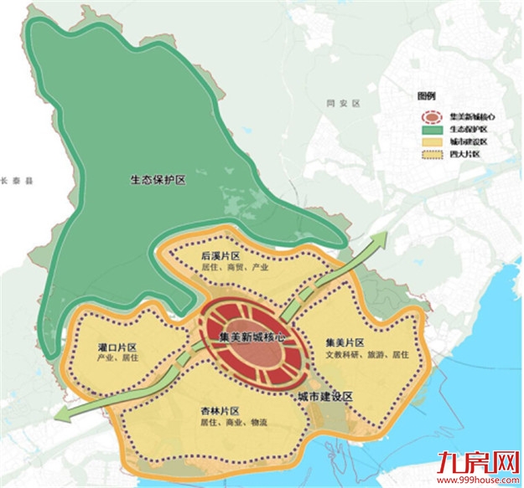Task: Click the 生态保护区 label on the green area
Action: click(158, 178)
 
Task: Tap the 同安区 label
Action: click(343, 103)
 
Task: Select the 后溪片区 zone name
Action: click(221, 254)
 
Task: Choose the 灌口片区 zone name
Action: click(117, 347)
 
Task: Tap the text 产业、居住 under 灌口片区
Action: click(117, 358)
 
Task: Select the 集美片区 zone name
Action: click(345, 342)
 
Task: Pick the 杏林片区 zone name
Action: click(220, 411)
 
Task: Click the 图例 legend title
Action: click(428, 95)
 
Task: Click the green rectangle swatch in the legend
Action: click(433, 129)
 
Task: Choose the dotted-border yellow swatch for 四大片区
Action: click(433, 154)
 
